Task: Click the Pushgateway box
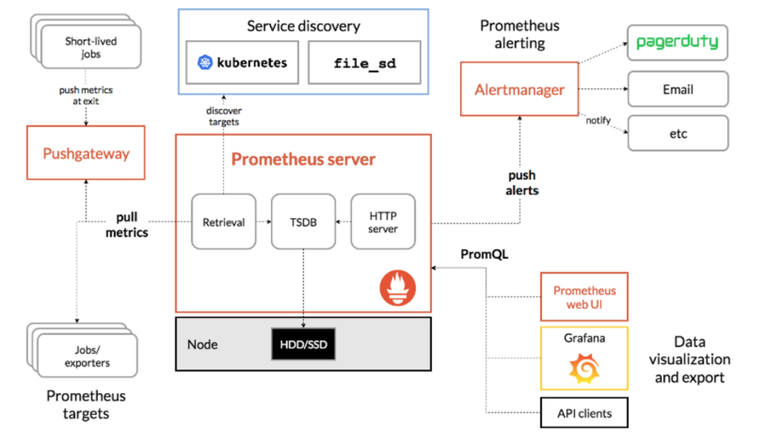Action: point(85,153)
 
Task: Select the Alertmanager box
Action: point(519,89)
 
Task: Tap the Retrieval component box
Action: point(224,222)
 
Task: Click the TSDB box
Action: point(303,222)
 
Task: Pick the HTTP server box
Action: point(383,222)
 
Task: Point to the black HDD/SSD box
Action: point(303,345)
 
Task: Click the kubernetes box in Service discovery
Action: point(242,63)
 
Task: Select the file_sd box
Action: point(364,63)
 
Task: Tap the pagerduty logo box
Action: point(677,43)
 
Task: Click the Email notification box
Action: point(678,89)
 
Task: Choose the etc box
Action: point(678,134)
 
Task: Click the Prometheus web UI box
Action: point(583,297)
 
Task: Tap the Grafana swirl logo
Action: point(583,368)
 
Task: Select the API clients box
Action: point(583,413)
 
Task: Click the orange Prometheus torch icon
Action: point(398,288)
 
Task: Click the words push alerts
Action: point(521,183)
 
